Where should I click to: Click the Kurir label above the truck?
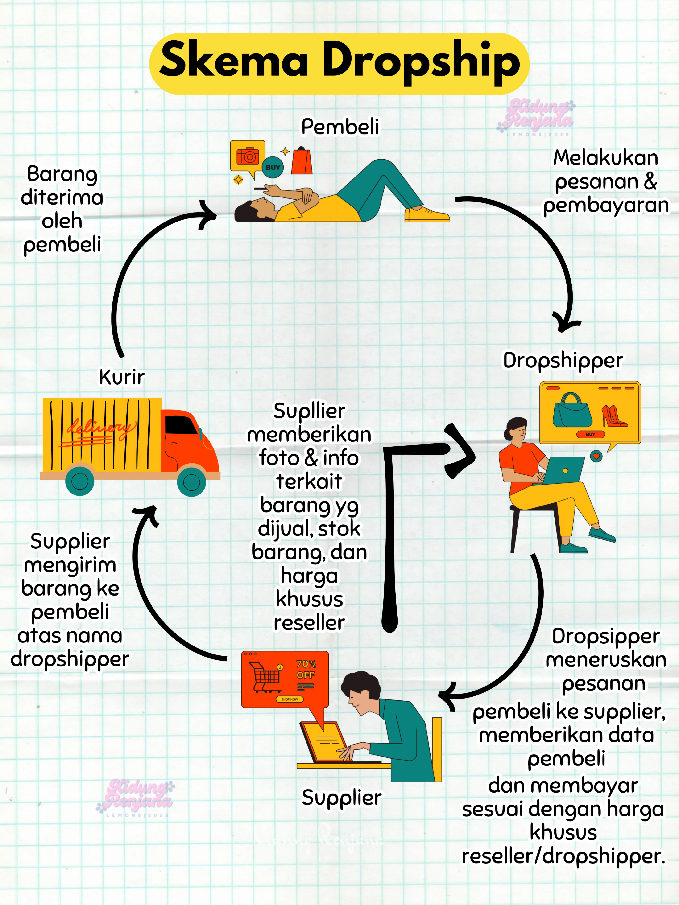coord(122,377)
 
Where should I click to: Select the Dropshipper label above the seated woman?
coord(563,360)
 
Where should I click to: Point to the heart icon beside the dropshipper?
coord(596,456)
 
